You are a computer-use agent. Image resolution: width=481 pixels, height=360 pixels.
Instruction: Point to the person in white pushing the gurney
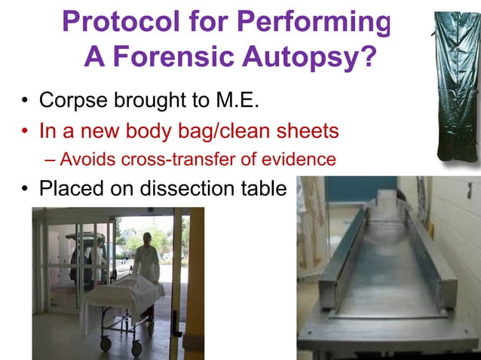click(147, 256)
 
